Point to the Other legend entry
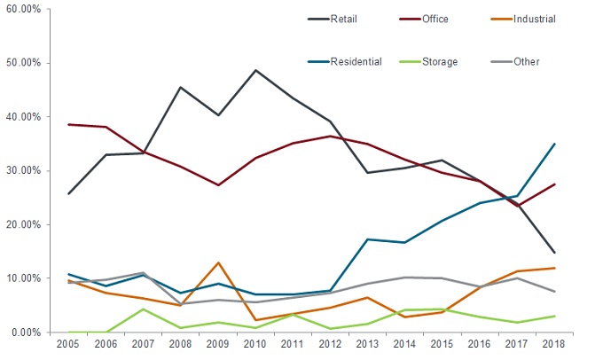[x=526, y=61]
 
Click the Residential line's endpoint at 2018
[x=554, y=144]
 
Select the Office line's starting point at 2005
[x=68, y=124]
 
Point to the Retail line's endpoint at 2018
[x=554, y=253]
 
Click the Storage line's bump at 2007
[x=143, y=309]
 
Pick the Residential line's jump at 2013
[x=367, y=239]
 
